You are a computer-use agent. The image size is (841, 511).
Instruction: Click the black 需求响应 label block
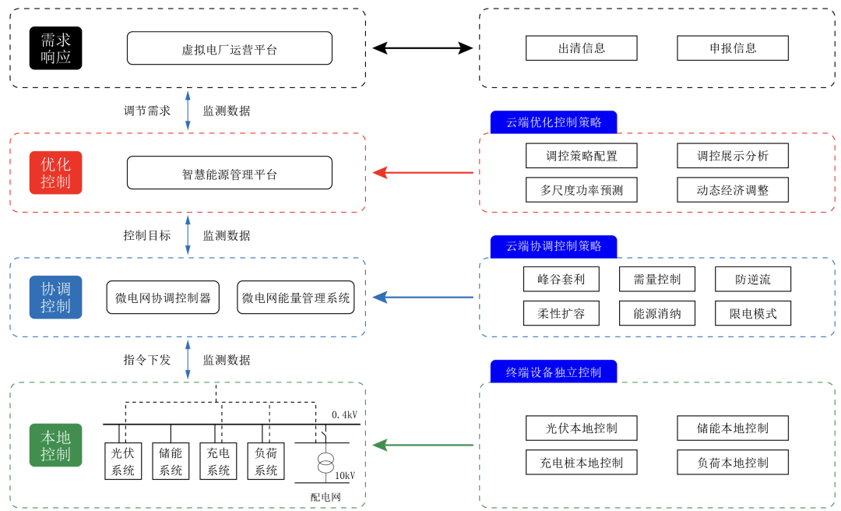[55, 48]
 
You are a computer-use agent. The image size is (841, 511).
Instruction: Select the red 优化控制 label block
[55, 173]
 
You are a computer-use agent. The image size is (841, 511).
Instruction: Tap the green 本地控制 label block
[55, 445]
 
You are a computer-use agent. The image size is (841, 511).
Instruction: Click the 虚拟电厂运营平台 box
[230, 48]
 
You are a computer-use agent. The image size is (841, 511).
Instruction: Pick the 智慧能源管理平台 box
[230, 173]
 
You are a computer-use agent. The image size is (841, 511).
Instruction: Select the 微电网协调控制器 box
[163, 298]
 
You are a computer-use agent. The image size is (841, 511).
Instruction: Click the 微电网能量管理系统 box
[296, 298]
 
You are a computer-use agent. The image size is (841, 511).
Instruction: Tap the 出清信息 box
[581, 48]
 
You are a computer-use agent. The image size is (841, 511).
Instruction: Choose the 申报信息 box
[732, 48]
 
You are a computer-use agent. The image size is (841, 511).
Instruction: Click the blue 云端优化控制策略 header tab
[554, 122]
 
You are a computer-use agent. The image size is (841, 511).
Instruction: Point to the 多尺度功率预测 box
[581, 189]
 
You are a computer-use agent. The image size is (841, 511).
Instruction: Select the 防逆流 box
[752, 279]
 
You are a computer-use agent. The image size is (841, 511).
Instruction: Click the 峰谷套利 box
[561, 279]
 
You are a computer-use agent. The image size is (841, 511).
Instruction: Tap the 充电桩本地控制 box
[581, 462]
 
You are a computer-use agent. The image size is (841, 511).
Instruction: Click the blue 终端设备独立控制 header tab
[554, 372]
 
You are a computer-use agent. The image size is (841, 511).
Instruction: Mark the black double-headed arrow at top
[422, 48]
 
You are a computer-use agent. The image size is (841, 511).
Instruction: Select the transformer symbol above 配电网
[325, 462]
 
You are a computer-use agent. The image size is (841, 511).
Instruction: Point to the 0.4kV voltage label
[344, 414]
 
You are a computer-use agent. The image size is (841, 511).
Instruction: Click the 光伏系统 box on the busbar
[123, 461]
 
